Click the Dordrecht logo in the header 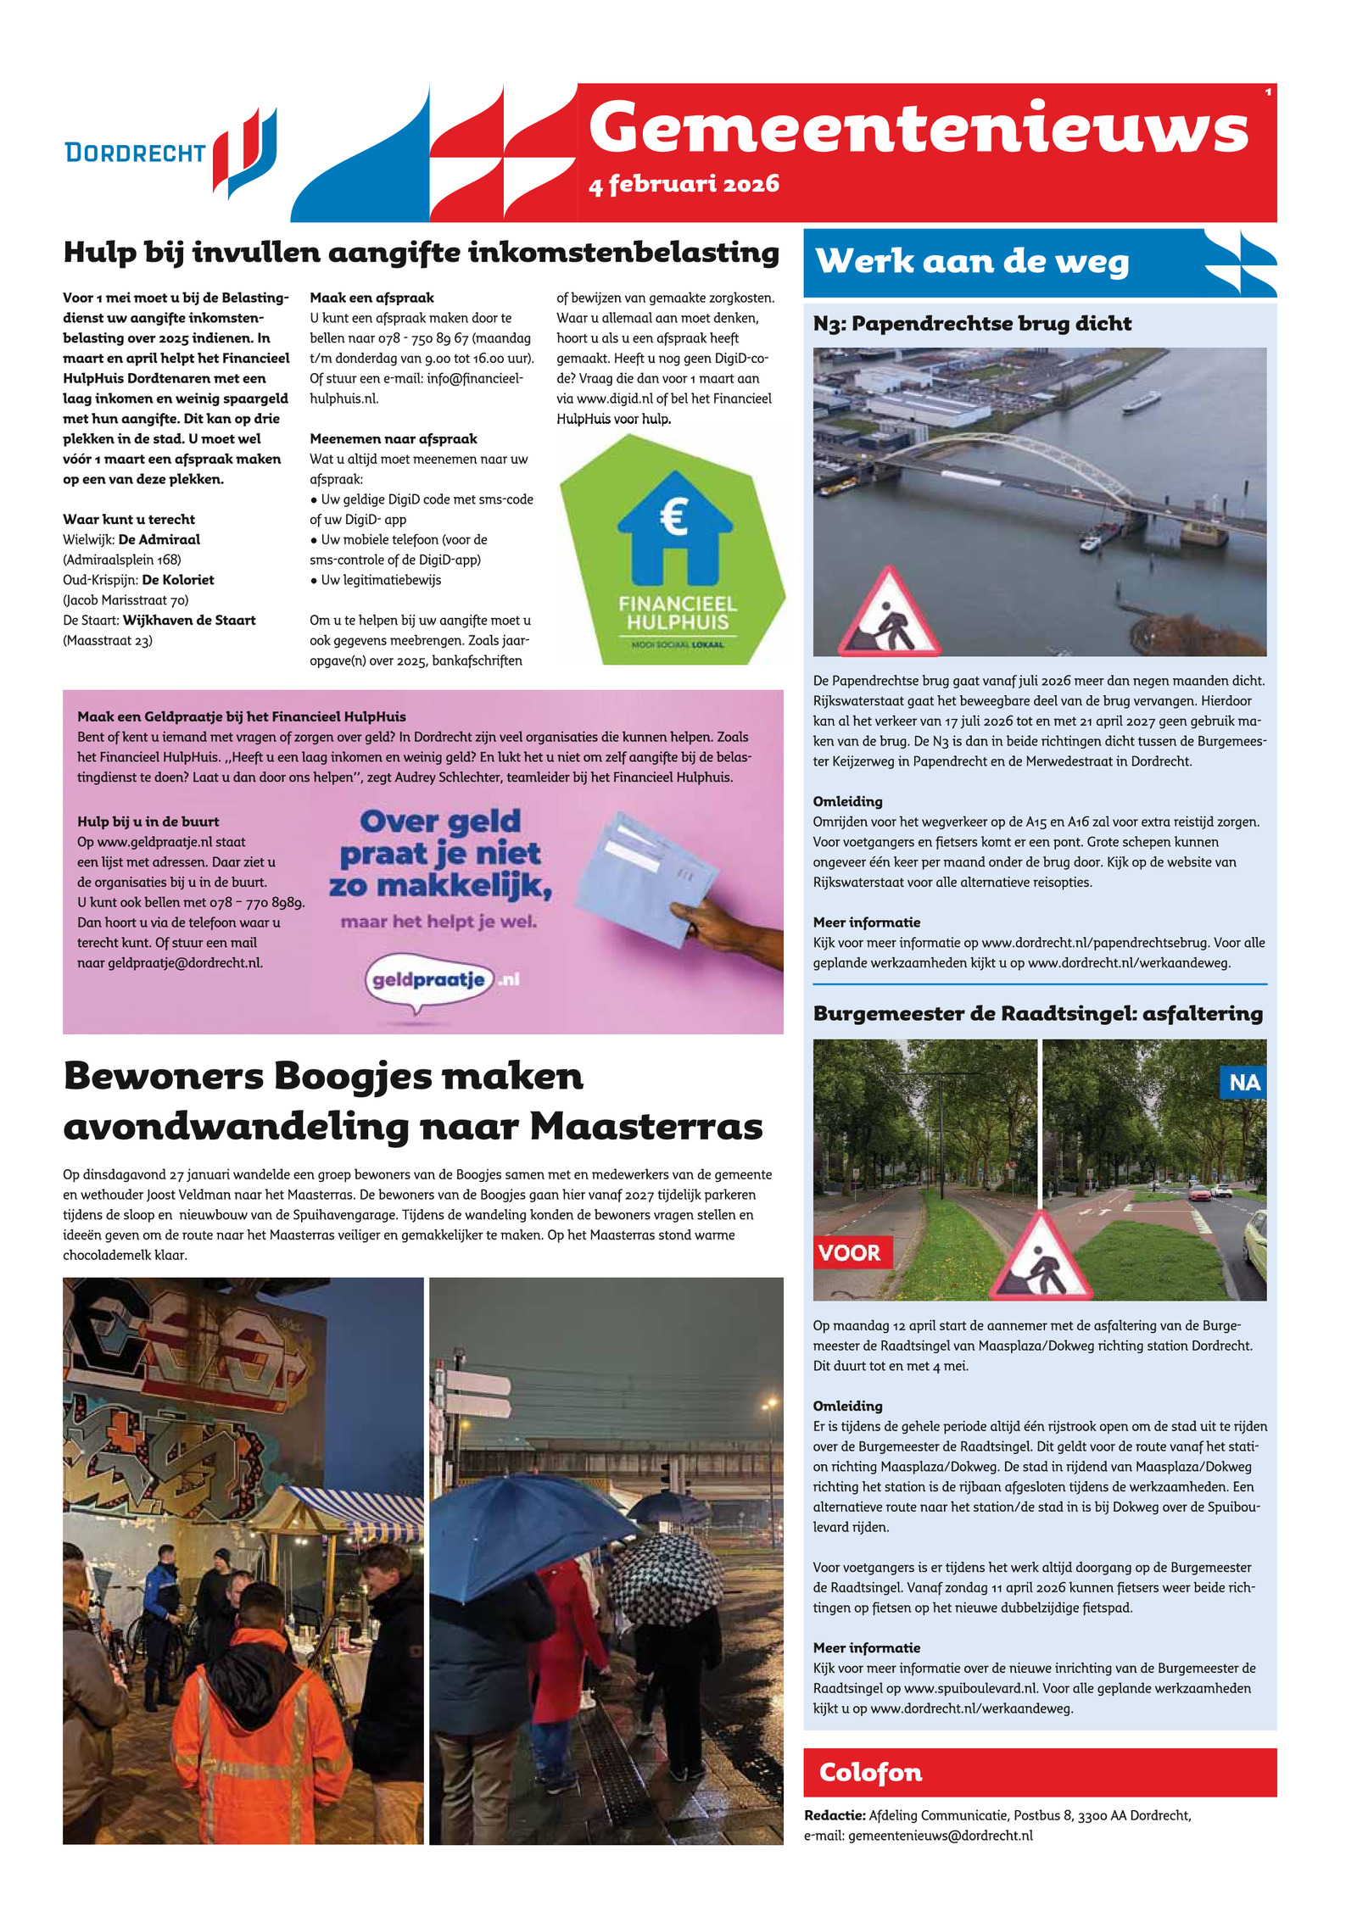(170, 153)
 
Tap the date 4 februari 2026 (684, 184)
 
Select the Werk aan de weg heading (972, 261)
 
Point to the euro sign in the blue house (673, 517)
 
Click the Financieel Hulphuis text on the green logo (678, 613)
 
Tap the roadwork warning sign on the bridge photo (889, 612)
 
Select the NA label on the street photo (1243, 1083)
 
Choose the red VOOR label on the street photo (850, 1252)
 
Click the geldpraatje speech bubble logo (430, 980)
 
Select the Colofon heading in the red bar (870, 1773)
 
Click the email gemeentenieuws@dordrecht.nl (940, 1836)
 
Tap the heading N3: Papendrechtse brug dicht (972, 323)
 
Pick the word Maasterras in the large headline (646, 1127)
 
